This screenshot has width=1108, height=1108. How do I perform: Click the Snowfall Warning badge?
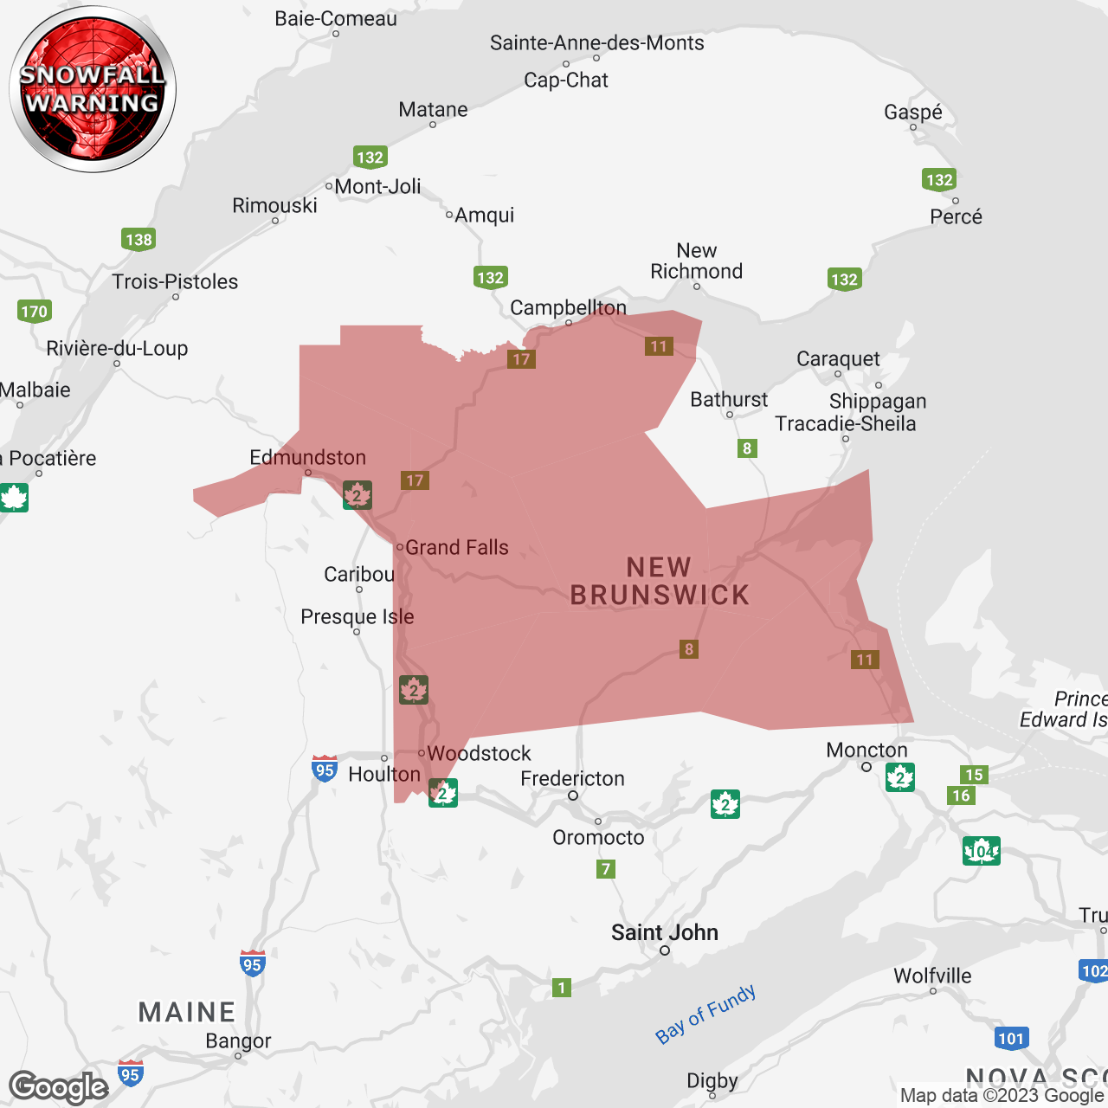point(93,89)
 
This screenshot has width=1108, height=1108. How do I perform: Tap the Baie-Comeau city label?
point(336,19)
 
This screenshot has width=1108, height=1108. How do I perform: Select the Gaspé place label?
point(912,113)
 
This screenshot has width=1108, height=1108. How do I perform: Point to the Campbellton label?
point(568,308)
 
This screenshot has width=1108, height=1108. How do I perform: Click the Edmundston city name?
point(307,457)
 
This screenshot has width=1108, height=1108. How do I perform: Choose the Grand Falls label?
point(456,547)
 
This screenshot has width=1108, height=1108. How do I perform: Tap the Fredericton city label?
point(572,779)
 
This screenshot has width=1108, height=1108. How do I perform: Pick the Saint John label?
point(664,932)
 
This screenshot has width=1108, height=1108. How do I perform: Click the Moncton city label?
point(866,750)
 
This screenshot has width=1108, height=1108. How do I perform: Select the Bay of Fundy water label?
point(705,1014)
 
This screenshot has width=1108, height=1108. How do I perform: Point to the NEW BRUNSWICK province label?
point(660,582)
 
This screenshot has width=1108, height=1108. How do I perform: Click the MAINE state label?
point(187,1012)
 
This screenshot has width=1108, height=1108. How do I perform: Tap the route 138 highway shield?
point(138,240)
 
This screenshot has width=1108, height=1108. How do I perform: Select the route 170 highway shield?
point(35,312)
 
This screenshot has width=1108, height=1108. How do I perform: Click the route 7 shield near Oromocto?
point(606,869)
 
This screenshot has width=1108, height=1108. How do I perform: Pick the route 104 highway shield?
point(981,851)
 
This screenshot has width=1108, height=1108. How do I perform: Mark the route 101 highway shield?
point(1011,1039)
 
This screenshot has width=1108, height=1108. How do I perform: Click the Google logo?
point(59,1087)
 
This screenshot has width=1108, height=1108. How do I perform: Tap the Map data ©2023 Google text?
point(1002,1096)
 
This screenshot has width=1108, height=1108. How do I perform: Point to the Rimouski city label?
point(274,206)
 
